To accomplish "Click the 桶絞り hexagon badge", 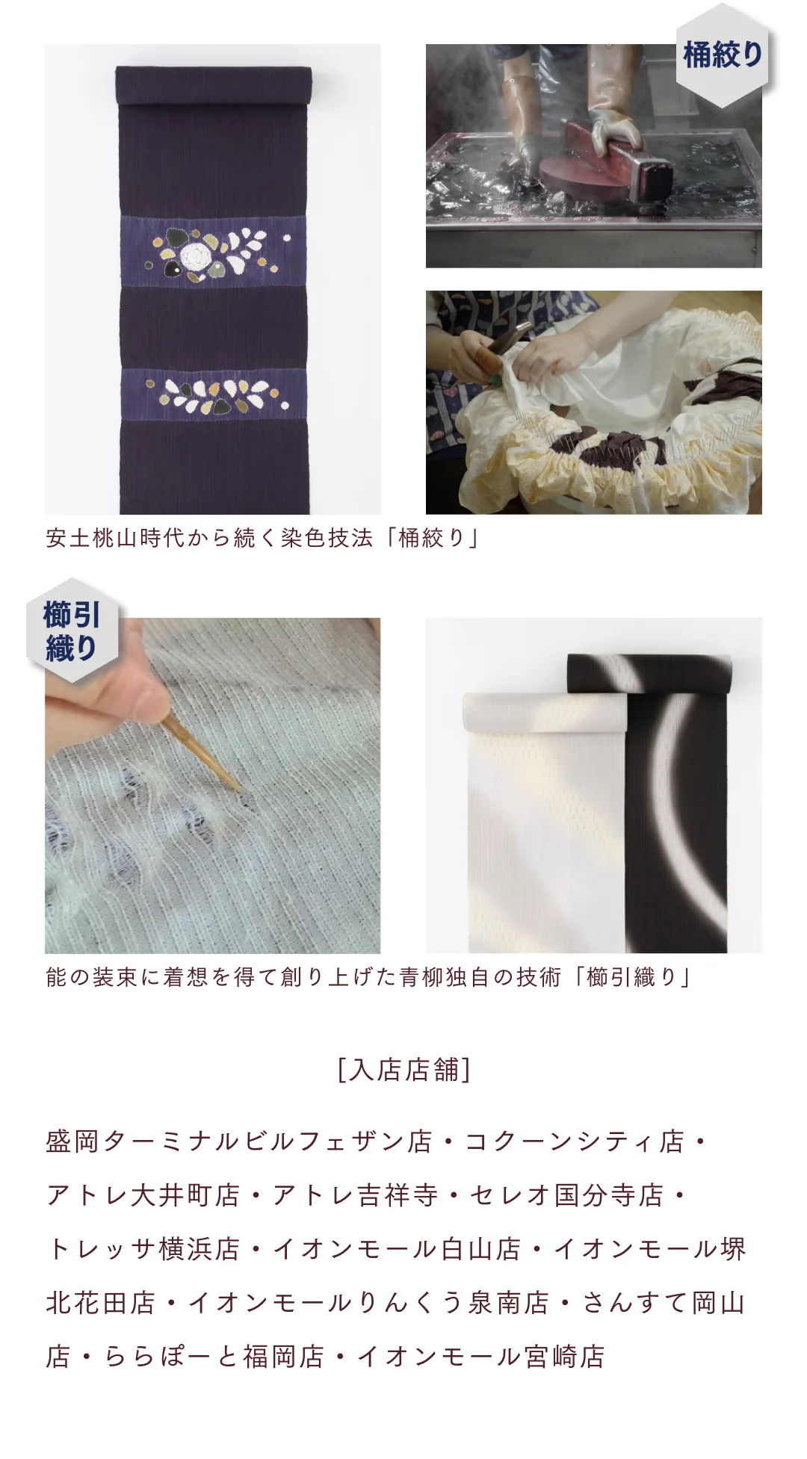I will tap(723, 55).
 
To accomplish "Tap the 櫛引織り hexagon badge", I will tap(72, 631).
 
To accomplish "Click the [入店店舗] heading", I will tap(403, 1070).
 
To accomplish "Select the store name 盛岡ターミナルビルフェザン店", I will tap(239, 1142).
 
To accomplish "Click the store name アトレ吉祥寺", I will tap(355, 1195).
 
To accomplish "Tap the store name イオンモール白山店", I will tap(397, 1249).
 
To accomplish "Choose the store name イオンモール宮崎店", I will tap(481, 1357).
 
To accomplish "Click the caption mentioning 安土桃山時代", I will tap(262, 538).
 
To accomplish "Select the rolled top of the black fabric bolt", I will tap(647, 672).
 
